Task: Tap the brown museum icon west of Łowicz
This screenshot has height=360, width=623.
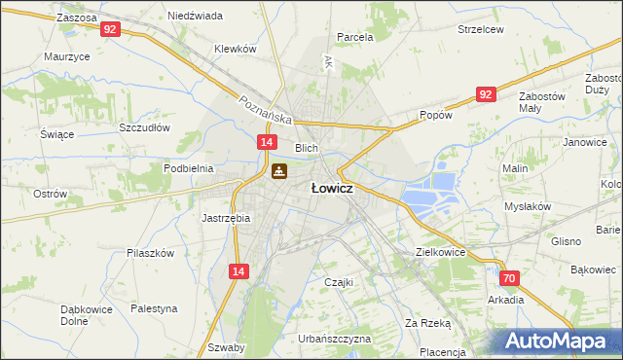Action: click(278, 172)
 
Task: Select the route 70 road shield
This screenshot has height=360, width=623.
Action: click(511, 278)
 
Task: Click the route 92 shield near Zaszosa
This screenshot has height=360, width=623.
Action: click(110, 30)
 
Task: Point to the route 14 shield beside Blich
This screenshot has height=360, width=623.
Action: click(266, 143)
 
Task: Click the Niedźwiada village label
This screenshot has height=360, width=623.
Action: click(195, 16)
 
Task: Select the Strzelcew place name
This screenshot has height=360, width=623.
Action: click(481, 29)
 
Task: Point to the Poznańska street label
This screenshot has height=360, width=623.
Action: click(266, 107)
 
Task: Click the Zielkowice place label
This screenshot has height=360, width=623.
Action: click(440, 251)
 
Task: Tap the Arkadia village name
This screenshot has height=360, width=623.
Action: click(505, 300)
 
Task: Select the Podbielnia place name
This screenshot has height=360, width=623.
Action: click(188, 168)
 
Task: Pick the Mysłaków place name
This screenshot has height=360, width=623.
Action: click(528, 206)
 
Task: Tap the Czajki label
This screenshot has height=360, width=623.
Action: click(338, 282)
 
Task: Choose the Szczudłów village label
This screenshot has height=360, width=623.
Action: click(144, 127)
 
